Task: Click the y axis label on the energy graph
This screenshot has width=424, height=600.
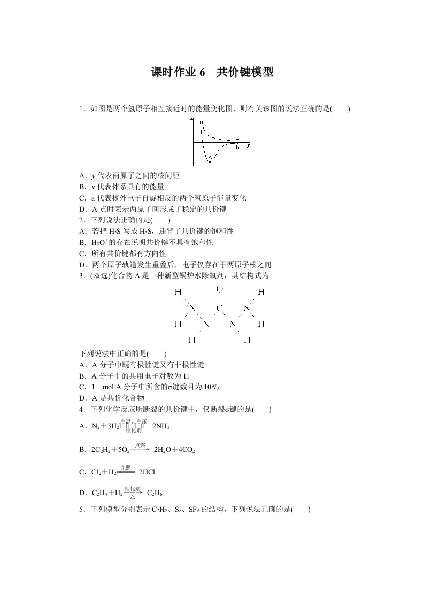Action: [x=190, y=121]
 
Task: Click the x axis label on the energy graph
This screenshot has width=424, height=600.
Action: [x=249, y=145]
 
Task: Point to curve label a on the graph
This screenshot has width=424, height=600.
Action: [x=237, y=139]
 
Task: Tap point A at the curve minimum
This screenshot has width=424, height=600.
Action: [x=210, y=158]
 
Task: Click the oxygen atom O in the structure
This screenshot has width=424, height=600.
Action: [x=219, y=289]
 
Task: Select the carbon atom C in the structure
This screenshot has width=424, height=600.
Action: [x=219, y=308]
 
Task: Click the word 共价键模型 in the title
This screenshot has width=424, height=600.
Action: [x=245, y=73]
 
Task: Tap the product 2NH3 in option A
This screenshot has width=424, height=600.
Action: [x=161, y=426]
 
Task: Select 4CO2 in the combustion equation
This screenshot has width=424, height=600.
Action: [x=186, y=450]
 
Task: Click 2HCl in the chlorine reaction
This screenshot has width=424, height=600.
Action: [x=147, y=472]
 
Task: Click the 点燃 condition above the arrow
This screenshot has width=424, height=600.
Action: [x=140, y=445]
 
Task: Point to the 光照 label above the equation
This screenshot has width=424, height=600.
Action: [x=126, y=467]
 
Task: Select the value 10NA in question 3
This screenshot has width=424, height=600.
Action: [x=191, y=387]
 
